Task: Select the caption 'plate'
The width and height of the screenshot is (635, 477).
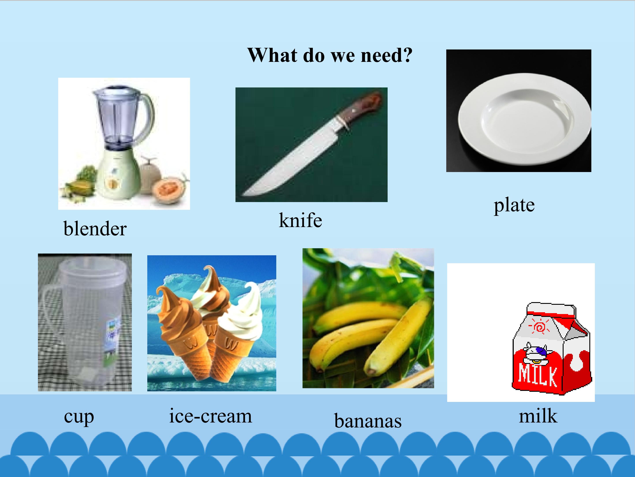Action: (x=514, y=205)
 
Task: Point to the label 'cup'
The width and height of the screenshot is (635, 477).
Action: (x=79, y=417)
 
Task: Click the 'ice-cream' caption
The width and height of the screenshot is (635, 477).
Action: (x=210, y=416)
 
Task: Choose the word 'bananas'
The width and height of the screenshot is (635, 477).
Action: (x=368, y=421)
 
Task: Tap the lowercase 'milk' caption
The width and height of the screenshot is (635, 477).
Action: (x=538, y=416)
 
